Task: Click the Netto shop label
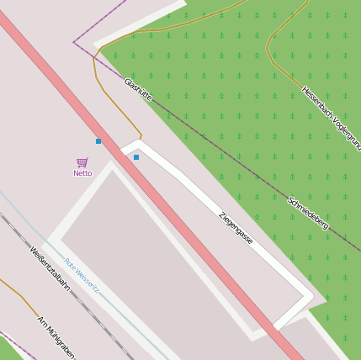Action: tap(82, 173)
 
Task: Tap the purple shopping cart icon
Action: tap(82, 162)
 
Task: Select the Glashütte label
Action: tap(138, 89)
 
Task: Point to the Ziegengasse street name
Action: tap(236, 227)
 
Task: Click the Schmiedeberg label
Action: tap(308, 213)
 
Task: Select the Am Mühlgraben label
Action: tap(56, 337)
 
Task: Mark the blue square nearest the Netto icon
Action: tap(98, 141)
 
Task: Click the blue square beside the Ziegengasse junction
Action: tap(136, 157)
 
